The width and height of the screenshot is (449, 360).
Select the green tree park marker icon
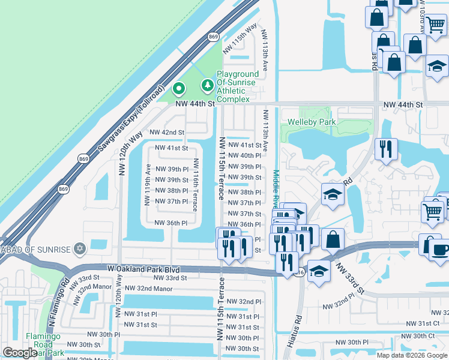click(208, 86)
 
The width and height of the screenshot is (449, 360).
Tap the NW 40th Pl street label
click(245, 155)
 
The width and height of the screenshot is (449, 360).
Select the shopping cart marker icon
click(433, 211)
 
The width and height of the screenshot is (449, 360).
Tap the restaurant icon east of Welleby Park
click(386, 147)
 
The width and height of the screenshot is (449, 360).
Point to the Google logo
click(20, 353)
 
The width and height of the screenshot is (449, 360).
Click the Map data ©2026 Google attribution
click(411, 355)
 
